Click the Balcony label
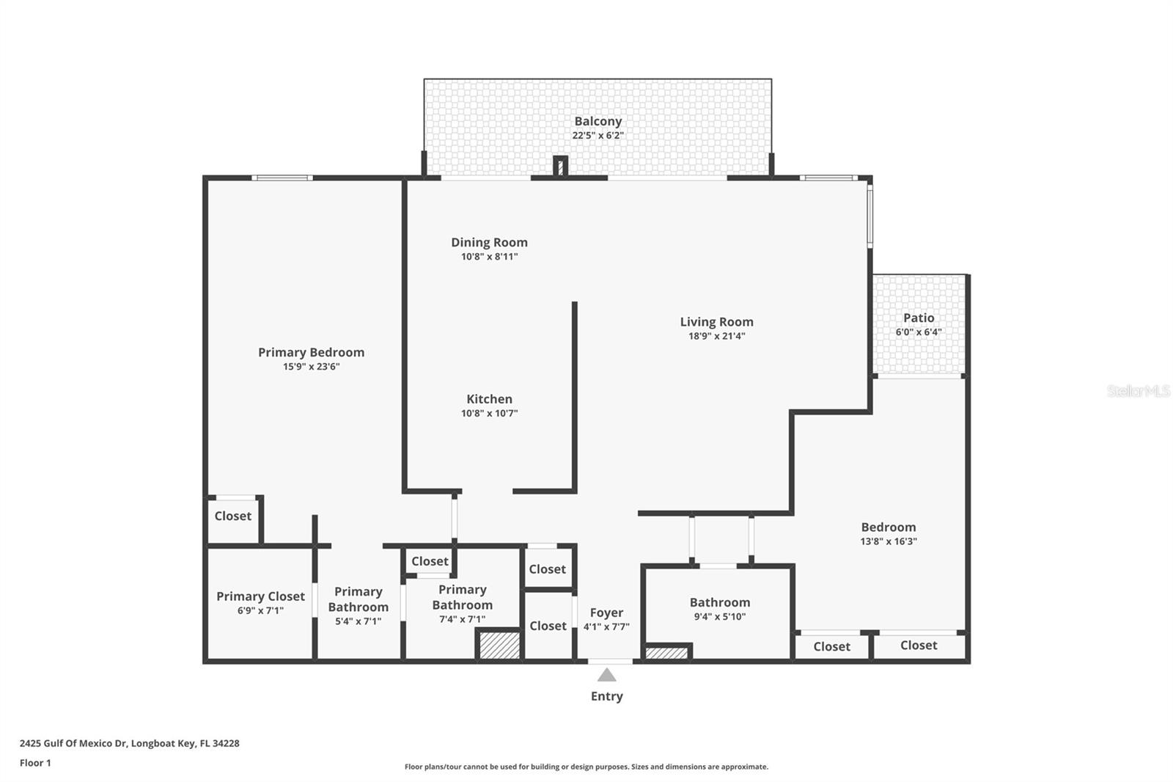pos(597,121)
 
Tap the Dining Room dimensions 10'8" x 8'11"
pos(489,257)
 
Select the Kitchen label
pos(489,399)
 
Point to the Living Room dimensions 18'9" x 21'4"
pos(716,336)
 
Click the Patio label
pos(919,318)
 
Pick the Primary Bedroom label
pos(311,352)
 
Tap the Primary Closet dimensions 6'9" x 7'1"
pos(260,610)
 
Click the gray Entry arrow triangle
pos(606,675)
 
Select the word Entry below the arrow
pos(606,696)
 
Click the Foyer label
pos(606,613)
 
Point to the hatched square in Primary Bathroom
pos(499,645)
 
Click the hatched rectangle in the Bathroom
pos(666,652)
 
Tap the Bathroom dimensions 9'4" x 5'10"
pos(719,617)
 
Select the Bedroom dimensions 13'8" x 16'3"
pos(889,541)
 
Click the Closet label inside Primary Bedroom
pos(232,516)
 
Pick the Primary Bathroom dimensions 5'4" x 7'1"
pos(358,621)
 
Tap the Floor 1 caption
pos(35,763)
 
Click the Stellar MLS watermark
pos(1138,391)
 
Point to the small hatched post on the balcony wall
pos(561,167)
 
